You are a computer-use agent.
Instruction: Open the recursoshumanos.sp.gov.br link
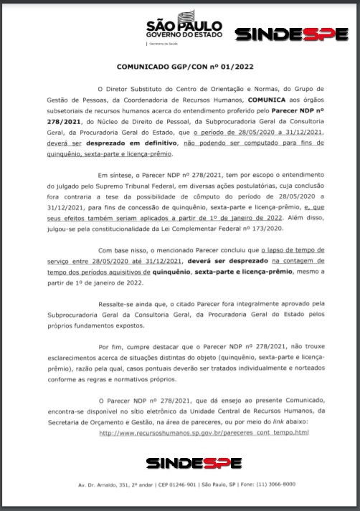coord(204,432)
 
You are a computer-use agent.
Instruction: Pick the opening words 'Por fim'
coord(110,346)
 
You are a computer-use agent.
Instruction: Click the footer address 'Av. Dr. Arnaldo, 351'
coord(115,485)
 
